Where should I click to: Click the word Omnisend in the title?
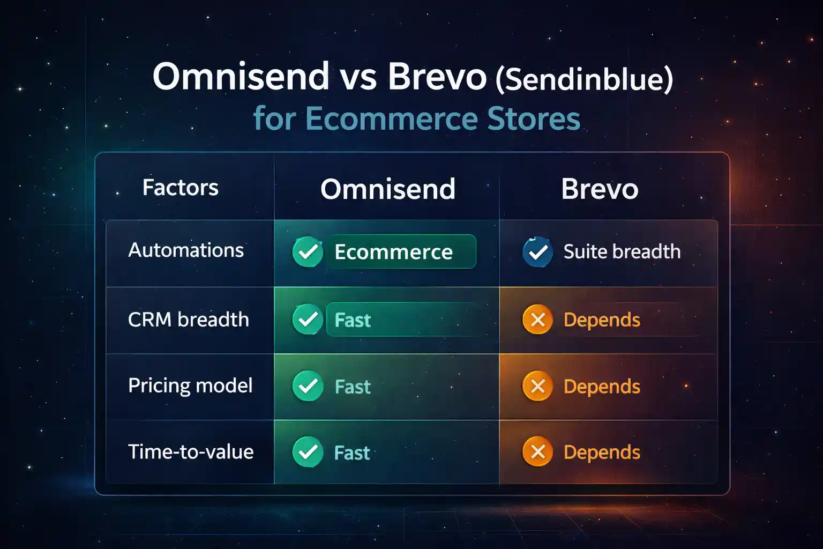[241, 76]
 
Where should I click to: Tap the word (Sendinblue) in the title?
[584, 79]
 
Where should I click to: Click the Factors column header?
[181, 188]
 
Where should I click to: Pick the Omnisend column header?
[388, 189]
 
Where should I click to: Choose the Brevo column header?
[600, 189]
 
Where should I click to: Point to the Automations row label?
[186, 250]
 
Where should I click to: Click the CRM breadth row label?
[189, 320]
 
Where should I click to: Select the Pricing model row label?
[190, 386]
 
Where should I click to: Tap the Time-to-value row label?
[191, 452]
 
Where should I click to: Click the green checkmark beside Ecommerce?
[308, 252]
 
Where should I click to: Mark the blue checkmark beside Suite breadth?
[537, 252]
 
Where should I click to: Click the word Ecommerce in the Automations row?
[393, 252]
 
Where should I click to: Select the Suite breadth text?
[622, 251]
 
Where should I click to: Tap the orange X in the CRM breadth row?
[537, 320]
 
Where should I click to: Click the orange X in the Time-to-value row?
[537, 452]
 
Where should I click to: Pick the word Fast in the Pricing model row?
[353, 387]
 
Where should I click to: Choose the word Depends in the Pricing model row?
[602, 387]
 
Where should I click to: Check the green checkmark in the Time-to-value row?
[308, 452]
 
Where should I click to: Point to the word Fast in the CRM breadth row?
[353, 320]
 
